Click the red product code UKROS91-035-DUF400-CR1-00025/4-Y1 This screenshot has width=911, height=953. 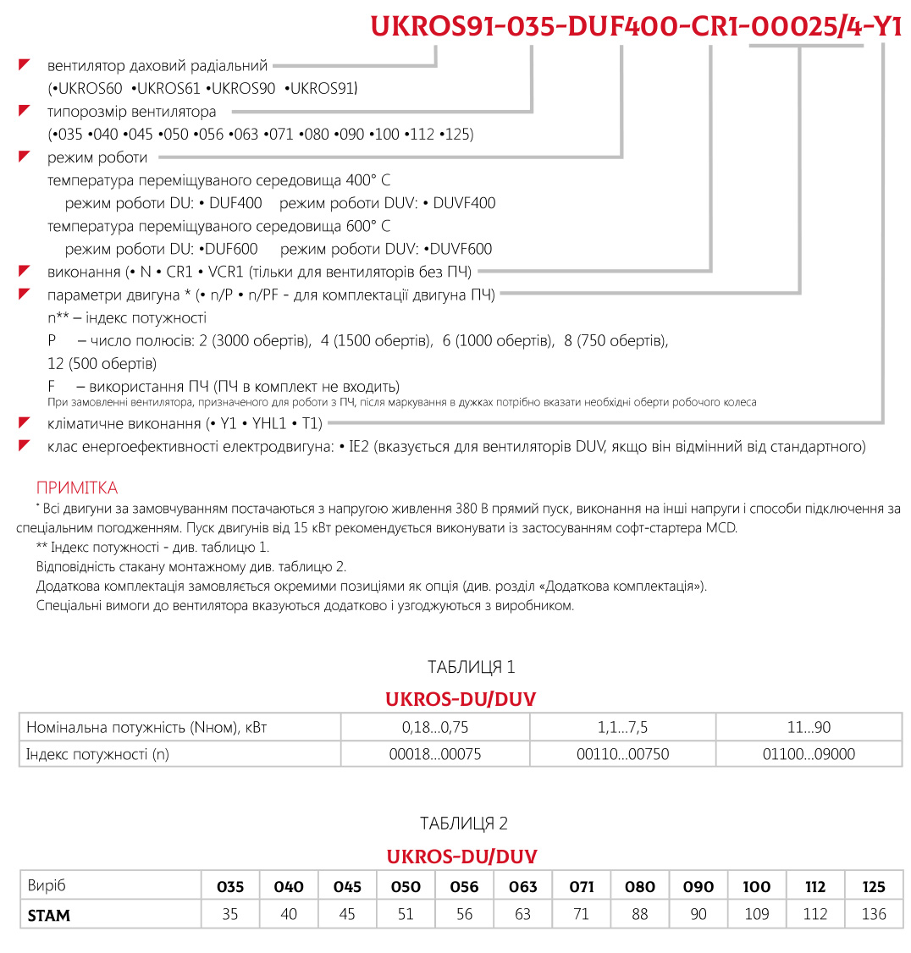click(x=636, y=27)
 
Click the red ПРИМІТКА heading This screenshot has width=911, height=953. click(x=77, y=488)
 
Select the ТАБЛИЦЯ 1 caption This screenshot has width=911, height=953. click(x=472, y=668)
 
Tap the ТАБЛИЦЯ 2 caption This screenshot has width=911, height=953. click(x=464, y=824)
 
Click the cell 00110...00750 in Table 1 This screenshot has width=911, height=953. click(x=622, y=754)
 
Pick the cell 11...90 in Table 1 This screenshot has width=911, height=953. click(x=809, y=727)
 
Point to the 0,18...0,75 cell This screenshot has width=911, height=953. click(x=435, y=727)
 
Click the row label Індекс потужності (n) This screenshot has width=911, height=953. click(x=97, y=754)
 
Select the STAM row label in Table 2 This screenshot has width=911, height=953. click(x=49, y=915)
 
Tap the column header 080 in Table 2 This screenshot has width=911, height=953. click(x=639, y=887)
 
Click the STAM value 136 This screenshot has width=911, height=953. click(x=873, y=915)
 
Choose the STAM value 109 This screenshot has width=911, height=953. click(x=756, y=915)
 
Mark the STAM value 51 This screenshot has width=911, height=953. click(x=406, y=915)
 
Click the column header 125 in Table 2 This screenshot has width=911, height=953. click(x=873, y=887)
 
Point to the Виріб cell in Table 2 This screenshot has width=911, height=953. click(x=47, y=887)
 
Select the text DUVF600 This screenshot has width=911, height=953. click(x=461, y=250)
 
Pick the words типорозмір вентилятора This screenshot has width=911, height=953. click(x=132, y=112)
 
